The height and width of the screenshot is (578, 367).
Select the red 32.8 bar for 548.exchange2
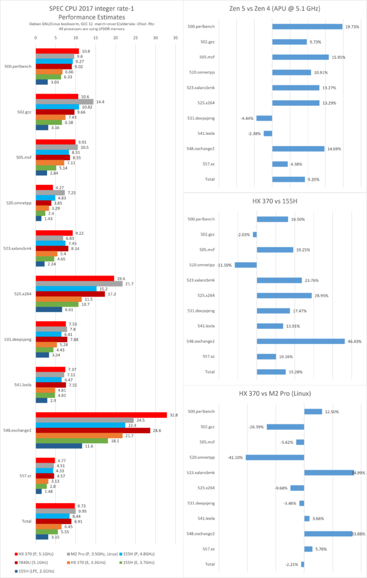101,415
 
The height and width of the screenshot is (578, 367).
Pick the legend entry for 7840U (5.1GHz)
35,562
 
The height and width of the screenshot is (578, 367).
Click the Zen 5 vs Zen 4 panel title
275,8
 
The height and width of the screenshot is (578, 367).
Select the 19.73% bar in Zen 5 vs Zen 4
307,26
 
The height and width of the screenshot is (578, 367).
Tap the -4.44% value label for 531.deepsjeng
248,118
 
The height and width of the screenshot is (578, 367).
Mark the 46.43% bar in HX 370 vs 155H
301,341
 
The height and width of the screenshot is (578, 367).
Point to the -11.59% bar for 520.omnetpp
246,265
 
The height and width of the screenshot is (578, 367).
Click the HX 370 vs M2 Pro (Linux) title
275,393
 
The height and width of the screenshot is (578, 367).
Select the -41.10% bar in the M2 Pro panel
275,457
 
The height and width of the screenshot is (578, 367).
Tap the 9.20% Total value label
298,179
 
